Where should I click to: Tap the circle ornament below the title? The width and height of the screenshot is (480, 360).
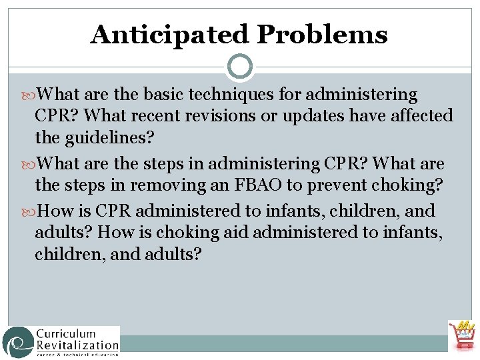[240, 66]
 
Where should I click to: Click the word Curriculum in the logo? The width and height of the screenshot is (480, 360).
[67, 333]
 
